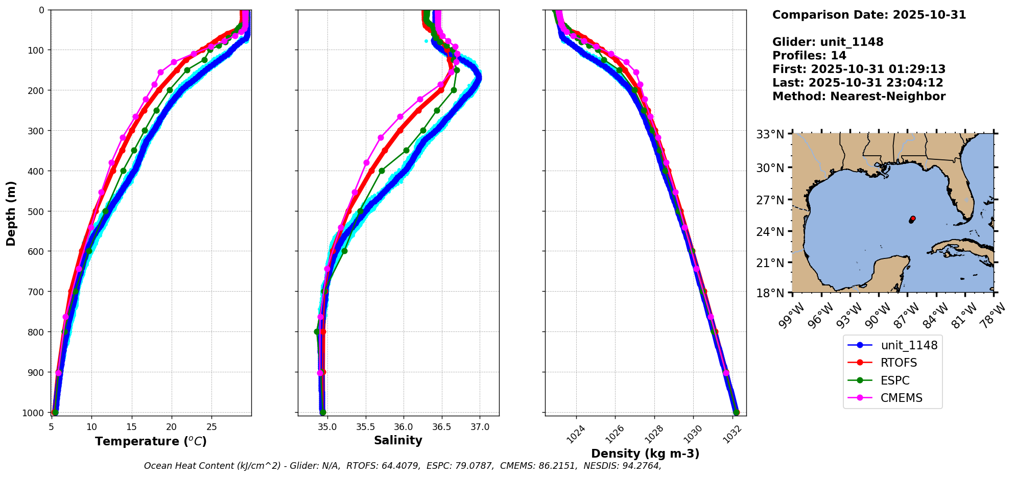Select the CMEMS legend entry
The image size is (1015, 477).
tap(901, 398)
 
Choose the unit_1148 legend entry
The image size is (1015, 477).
tap(909, 345)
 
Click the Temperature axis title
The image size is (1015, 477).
tap(151, 441)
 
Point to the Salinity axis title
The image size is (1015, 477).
tap(398, 440)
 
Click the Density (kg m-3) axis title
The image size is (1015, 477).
tap(645, 454)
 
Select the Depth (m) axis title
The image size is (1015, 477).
tap(11, 213)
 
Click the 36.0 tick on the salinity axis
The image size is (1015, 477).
tap(403, 427)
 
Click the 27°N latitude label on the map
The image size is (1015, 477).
tap(770, 200)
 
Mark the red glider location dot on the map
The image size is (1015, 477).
tap(912, 219)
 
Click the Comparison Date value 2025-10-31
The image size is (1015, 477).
tap(929, 15)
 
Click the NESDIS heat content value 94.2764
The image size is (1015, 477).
tap(641, 466)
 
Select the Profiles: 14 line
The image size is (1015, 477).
tap(809, 56)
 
